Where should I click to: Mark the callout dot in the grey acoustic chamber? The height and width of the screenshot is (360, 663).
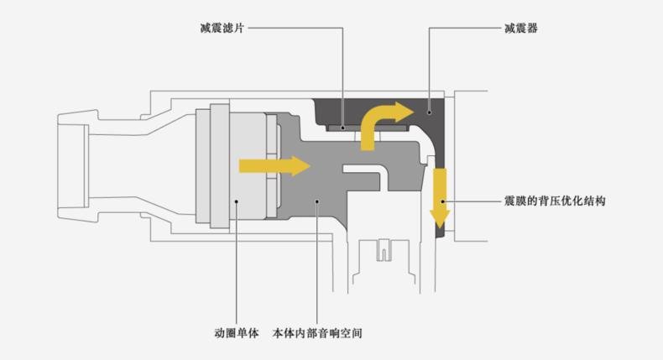317,201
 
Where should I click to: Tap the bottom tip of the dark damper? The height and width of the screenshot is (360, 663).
440,234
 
